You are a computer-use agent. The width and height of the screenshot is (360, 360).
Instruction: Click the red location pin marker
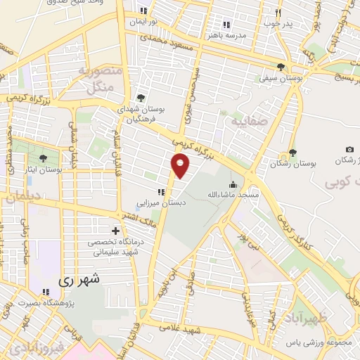pyautogui.click(x=181, y=165)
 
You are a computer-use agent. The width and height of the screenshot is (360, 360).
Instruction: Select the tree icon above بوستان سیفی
pyautogui.click(x=281, y=67)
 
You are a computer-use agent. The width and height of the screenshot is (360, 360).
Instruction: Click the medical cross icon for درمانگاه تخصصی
pyautogui.click(x=115, y=231)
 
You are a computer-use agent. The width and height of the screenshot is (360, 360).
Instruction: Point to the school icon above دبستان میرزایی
pyautogui.click(x=161, y=191)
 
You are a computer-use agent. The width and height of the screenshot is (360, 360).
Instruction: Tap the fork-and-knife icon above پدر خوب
pyautogui.click(x=278, y=13)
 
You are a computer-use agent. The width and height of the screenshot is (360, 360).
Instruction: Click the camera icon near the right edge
pyautogui.click(x=349, y=150)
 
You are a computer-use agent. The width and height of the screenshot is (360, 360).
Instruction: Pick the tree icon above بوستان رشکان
pyautogui.click(x=292, y=153)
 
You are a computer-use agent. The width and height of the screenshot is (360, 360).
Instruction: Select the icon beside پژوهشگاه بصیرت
pyautogui.click(x=46, y=292)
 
